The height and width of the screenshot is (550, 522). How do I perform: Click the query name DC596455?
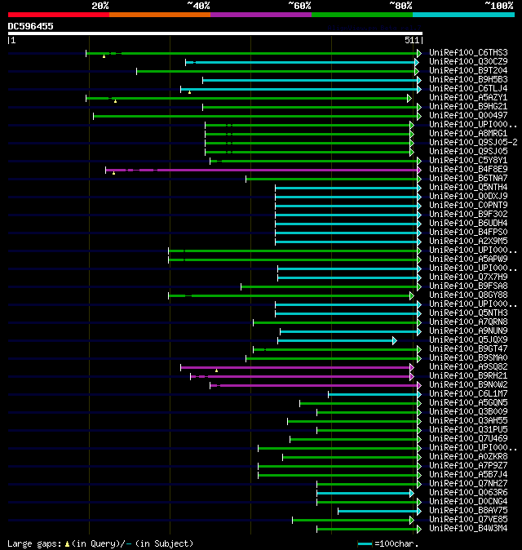[x=31, y=26]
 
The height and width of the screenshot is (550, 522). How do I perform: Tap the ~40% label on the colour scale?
[x=198, y=6]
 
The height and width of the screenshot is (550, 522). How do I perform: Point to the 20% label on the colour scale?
[x=100, y=6]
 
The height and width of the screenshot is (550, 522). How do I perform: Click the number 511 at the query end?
[x=411, y=39]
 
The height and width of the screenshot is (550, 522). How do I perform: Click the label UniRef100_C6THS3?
[x=468, y=52]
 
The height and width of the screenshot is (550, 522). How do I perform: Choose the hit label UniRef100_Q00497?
[x=468, y=115]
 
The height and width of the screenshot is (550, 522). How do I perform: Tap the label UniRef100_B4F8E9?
[x=468, y=169]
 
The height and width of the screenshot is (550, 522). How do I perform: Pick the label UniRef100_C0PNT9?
[x=468, y=205]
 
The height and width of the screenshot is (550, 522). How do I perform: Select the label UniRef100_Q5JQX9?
[x=468, y=339]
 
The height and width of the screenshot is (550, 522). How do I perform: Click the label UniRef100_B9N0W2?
[x=468, y=384]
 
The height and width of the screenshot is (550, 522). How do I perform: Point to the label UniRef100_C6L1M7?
[x=468, y=393]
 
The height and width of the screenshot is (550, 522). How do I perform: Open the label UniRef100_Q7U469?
[x=468, y=438]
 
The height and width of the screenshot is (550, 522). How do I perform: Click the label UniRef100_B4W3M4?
[x=468, y=528]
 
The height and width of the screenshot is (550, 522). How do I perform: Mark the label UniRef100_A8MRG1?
[x=468, y=133]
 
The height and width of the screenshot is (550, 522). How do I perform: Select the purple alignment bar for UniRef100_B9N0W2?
[x=318, y=384]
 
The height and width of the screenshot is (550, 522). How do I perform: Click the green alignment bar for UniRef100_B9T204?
[x=277, y=71]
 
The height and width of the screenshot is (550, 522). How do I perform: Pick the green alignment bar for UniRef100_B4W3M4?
[x=367, y=528]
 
